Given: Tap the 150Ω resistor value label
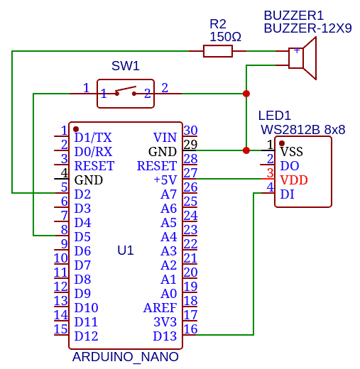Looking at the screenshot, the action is [x=225, y=37].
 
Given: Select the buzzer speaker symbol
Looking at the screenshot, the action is [x=302, y=58].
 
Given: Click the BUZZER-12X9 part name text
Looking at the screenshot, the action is [x=307, y=28].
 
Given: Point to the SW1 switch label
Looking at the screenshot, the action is [x=126, y=66].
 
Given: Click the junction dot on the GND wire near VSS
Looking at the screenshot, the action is [x=246, y=150].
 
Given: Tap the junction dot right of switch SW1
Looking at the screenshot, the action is [x=246, y=94].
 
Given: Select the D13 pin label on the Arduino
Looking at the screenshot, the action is [x=165, y=336].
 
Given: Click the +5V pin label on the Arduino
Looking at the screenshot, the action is [x=165, y=180].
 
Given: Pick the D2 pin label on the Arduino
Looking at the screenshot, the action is [x=82, y=194].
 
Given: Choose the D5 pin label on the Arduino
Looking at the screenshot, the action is [x=82, y=237].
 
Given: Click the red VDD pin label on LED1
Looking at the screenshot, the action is [x=294, y=180].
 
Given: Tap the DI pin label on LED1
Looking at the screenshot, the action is [x=287, y=194].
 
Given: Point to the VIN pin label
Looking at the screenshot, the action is [x=165, y=138].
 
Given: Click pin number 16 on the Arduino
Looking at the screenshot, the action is [x=190, y=329].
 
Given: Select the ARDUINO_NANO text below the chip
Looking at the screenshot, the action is [x=126, y=357].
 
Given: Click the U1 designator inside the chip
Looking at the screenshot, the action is [x=126, y=250].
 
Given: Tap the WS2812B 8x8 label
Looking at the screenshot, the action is [x=302, y=130].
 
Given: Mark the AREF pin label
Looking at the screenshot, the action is [x=160, y=308].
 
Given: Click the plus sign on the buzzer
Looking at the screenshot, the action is [x=297, y=50].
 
